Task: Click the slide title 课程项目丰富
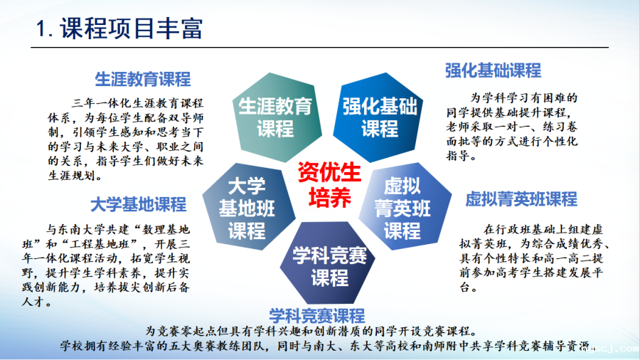pyautogui.click(x=132, y=29)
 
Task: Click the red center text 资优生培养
pyautogui.click(x=329, y=184)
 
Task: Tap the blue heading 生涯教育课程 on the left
pyautogui.click(x=143, y=78)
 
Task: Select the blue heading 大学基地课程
pyautogui.click(x=139, y=205)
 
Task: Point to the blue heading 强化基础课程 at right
pyautogui.click(x=493, y=70)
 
